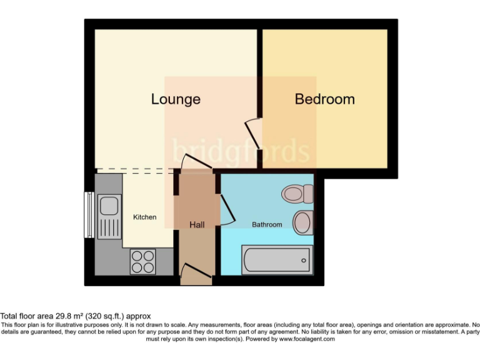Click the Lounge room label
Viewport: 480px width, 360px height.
(x=176, y=99)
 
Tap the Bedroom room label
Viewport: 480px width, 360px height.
(x=324, y=99)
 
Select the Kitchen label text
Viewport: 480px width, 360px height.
(x=144, y=217)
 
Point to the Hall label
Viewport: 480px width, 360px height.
(x=196, y=224)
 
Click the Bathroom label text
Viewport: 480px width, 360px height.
(x=267, y=224)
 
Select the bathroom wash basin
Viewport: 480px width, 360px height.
(x=303, y=221)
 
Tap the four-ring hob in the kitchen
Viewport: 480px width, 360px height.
(x=143, y=261)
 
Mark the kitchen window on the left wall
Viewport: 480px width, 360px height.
(x=88, y=214)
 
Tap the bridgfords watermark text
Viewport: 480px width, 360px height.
(x=241, y=152)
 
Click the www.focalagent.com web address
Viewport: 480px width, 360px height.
(x=307, y=339)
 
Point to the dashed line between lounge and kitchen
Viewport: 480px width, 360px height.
(x=134, y=169)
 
